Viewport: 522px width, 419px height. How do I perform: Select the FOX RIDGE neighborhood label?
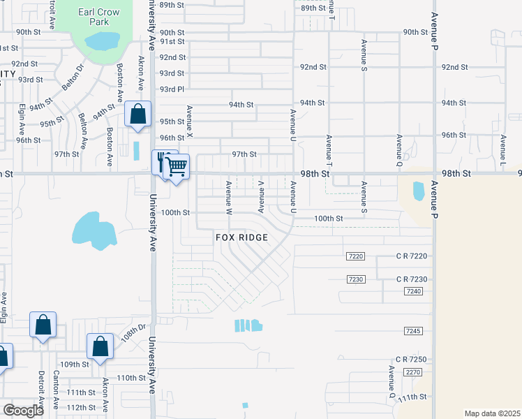[x=241, y=237]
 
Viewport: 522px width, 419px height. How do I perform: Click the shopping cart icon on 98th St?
[x=177, y=166]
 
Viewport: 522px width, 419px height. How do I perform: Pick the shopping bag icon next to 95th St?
[x=138, y=114]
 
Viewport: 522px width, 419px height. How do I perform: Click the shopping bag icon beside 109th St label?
[x=100, y=346]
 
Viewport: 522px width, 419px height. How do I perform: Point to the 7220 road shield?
[x=355, y=256]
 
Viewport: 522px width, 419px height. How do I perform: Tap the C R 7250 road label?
[x=410, y=359]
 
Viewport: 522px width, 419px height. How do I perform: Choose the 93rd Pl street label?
[x=172, y=89]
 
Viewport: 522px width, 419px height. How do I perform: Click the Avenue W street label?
[x=228, y=196]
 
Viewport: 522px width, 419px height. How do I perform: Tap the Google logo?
[x=23, y=411]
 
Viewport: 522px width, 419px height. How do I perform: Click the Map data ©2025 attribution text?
[x=491, y=413]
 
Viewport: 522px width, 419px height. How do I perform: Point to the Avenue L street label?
[x=502, y=141]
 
